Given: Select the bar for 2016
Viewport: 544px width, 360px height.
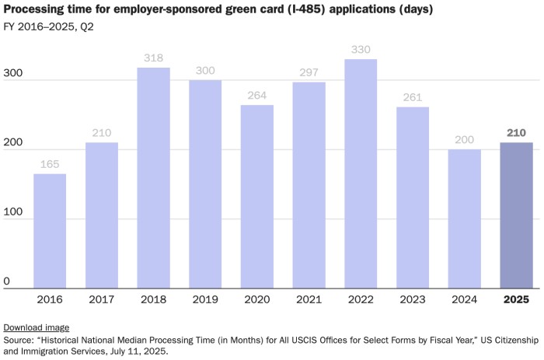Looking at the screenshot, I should pos(50,231).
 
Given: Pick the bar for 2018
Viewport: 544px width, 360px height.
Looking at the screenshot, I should pos(153,178).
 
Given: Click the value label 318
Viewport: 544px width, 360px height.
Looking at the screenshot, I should pos(153,58).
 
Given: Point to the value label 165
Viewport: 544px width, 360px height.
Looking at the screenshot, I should pos(50,165).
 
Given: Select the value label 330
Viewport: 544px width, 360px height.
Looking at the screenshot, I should pos(361,50).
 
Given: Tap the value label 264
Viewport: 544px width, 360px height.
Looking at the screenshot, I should pos(256,96).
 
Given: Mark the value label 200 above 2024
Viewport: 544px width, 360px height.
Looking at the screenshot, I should pos(464,141).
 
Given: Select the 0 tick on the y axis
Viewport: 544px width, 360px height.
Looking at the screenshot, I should pos(7,281).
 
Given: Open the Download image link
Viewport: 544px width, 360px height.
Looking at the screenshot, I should pos(37,327).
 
